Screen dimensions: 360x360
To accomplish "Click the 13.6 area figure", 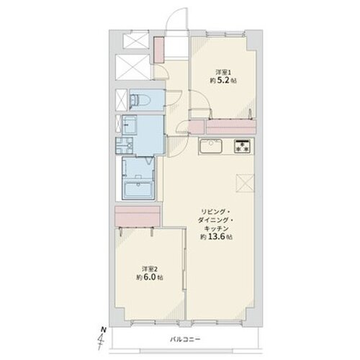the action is click(x=216, y=237).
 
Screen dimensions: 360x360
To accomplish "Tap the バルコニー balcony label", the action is click(x=185, y=339).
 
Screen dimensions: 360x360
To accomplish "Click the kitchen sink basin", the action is click(x=211, y=145).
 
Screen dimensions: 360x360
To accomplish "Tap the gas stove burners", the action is click(x=242, y=146).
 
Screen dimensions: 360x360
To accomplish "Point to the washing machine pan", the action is click(x=124, y=145).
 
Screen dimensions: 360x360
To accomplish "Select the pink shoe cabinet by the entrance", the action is click(x=158, y=50).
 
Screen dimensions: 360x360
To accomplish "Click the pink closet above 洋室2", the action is click(x=138, y=216).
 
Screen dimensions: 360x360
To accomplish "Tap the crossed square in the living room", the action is click(x=245, y=184).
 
